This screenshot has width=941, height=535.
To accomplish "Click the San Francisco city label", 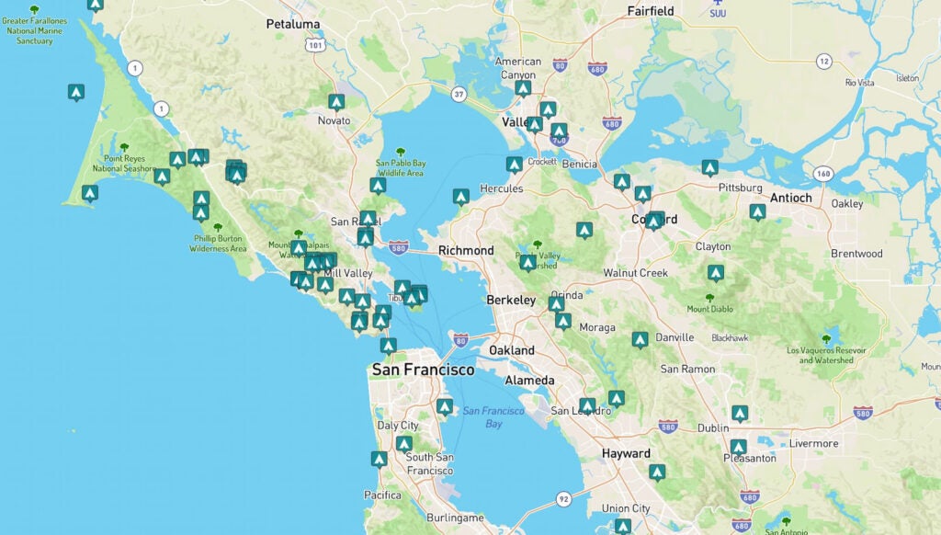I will click(423, 370).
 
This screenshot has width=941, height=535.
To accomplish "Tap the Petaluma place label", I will click(292, 24).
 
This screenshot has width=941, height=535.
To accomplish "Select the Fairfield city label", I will click(650, 11).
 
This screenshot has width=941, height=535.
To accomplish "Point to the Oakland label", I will click(512, 350).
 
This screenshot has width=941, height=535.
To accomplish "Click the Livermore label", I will click(813, 443).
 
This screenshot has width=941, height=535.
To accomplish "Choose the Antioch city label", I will click(790, 198).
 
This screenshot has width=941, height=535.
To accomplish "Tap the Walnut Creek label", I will click(635, 273).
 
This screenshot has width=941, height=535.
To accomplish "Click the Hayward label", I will click(626, 453).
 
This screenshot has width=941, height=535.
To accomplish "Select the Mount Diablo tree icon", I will click(709, 298).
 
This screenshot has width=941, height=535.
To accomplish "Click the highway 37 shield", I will click(459, 94).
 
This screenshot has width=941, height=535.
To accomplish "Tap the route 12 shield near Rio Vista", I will click(824, 62).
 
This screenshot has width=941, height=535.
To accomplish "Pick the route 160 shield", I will click(822, 173).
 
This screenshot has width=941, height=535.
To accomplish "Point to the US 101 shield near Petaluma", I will click(317, 43).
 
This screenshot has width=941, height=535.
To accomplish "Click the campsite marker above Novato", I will click(336, 101).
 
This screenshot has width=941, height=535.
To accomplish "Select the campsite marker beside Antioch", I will click(757, 211).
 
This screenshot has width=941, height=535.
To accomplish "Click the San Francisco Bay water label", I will click(482, 416).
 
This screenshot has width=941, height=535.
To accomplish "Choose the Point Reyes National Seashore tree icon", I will click(124, 147).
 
